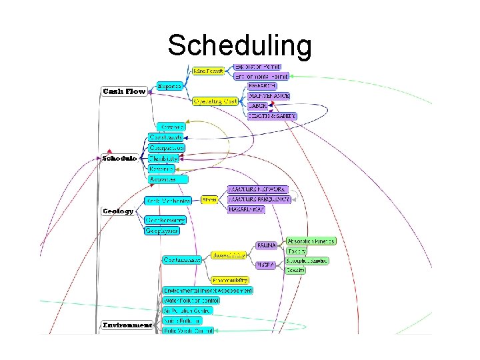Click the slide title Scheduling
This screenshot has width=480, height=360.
239,46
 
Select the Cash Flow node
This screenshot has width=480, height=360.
124,91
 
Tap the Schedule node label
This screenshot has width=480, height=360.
119,159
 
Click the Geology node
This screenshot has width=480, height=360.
117,211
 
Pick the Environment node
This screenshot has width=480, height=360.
127,325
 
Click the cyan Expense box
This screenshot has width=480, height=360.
170,85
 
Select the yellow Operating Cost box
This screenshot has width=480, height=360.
215,101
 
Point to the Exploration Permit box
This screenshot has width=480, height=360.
257,67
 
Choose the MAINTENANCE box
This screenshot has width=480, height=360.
268,96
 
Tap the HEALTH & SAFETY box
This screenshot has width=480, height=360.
271,116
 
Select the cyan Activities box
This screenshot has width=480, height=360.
167,179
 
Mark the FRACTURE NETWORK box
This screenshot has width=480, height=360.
258,189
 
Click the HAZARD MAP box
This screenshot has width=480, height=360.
246,209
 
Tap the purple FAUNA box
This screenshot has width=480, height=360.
267,245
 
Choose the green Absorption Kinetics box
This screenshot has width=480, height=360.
311,241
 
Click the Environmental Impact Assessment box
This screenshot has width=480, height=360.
208,291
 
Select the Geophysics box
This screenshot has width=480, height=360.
162,231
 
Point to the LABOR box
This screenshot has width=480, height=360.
257,106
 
